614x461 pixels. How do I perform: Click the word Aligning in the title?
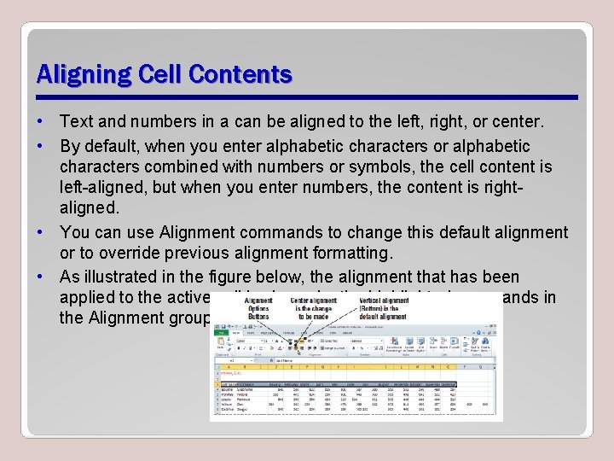(x=75, y=74)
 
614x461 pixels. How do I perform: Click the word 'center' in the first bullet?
(x=513, y=122)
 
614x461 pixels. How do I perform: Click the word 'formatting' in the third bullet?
(x=346, y=254)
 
